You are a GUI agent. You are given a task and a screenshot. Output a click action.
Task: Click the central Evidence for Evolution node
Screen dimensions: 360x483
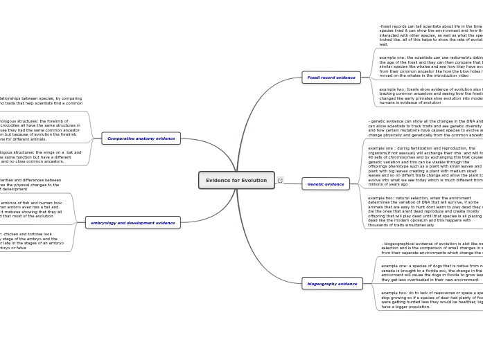tap(236, 180)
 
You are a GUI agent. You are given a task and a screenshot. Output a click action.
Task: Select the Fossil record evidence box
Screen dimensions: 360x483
tap(331, 78)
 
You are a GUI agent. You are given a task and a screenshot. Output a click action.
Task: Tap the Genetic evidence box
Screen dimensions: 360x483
tap(326, 184)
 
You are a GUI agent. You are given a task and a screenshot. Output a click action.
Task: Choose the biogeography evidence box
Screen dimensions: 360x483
tap(332, 284)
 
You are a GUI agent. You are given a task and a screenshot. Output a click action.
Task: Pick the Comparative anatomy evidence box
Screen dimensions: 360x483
tap(141, 138)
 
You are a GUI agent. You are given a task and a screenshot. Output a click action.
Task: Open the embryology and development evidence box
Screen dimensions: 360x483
tap(132, 223)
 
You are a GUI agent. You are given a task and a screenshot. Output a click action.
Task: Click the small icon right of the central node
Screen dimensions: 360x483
tap(280, 180)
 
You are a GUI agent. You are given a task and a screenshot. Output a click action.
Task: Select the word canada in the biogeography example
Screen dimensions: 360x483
tap(389, 270)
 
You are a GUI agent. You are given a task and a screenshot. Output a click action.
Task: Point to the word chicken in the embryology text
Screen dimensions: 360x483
tap(15, 234)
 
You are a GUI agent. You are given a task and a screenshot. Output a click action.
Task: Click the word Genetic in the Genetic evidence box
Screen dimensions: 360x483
tap(315, 184)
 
